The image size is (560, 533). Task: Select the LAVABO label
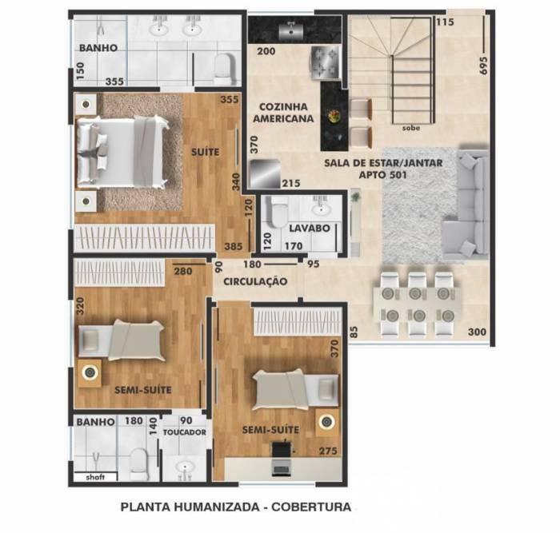[x=305, y=228]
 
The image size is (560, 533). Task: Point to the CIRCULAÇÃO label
[x=255, y=281]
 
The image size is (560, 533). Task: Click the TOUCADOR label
[x=185, y=432]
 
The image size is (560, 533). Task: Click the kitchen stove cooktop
[x=328, y=62]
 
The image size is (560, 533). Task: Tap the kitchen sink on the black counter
[x=287, y=31]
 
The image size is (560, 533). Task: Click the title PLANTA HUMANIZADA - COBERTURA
[x=235, y=507]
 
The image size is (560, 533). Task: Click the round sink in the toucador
[x=186, y=467]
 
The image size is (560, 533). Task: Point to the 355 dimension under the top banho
[x=114, y=81]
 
